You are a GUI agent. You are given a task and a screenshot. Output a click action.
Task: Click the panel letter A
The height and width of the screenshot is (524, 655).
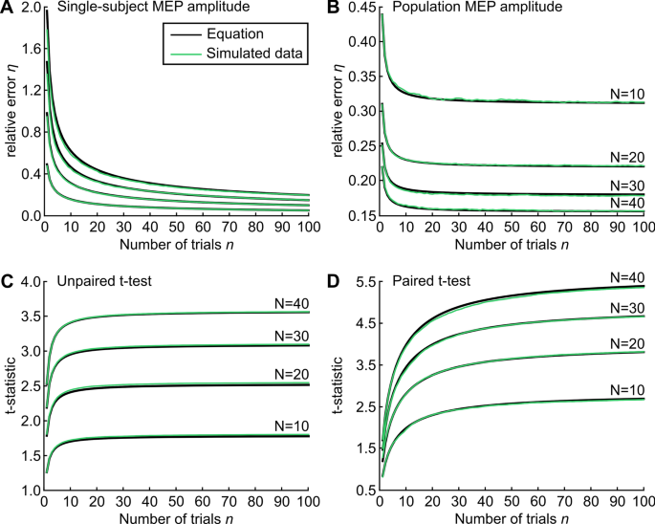7,9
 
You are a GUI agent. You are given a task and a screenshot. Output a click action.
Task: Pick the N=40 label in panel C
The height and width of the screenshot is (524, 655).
290,302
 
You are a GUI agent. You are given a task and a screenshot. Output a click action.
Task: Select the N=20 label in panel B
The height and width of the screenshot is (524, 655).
626,157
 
